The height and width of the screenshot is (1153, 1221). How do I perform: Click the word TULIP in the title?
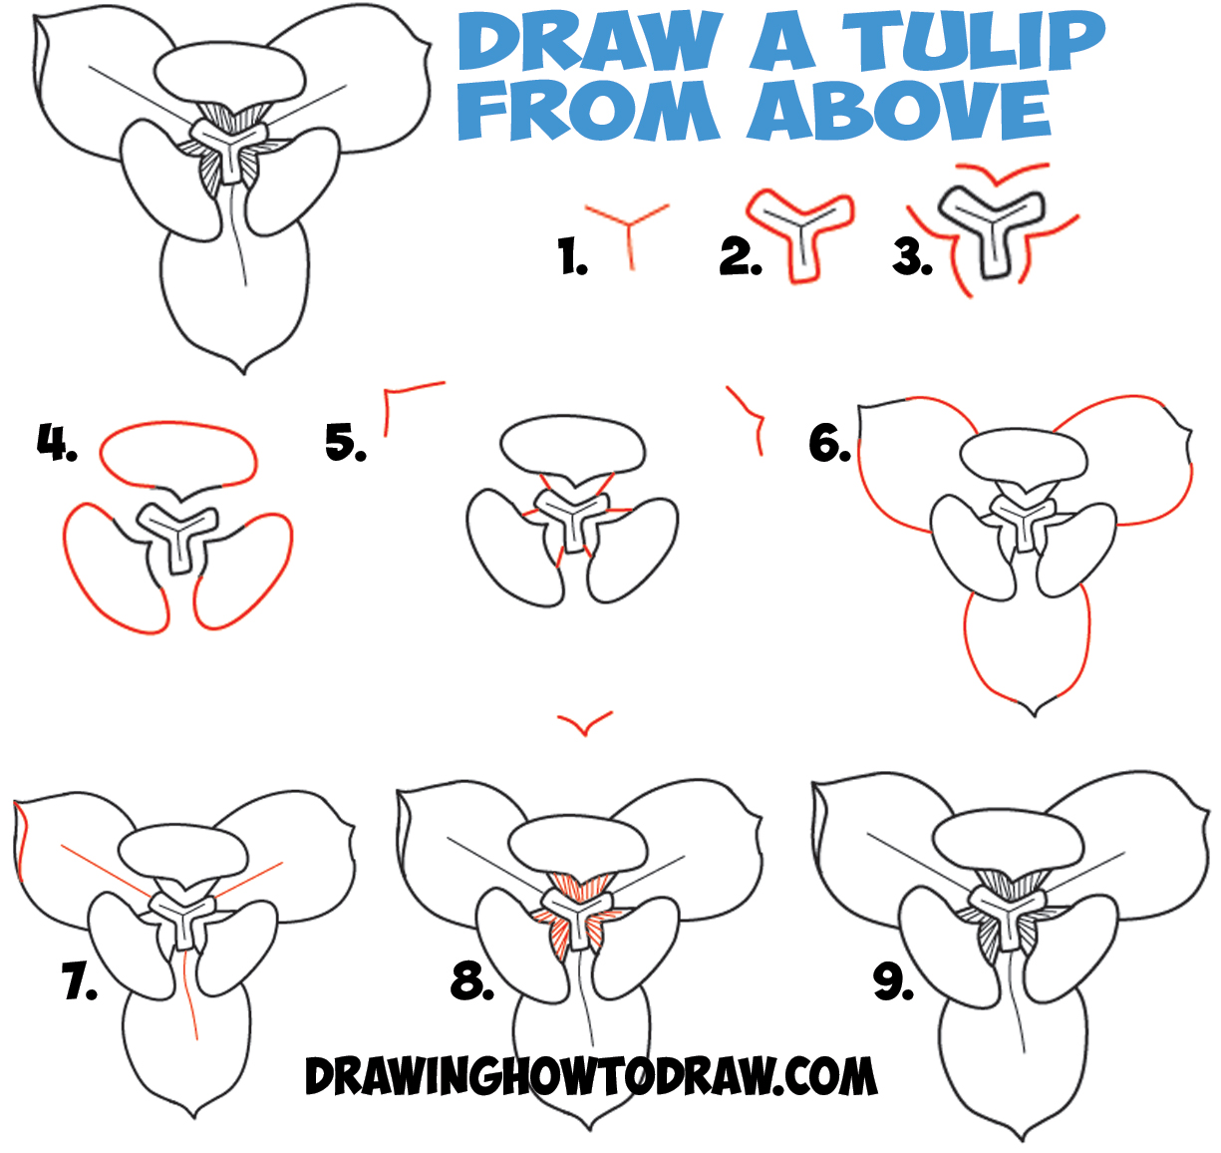pyautogui.click(x=974, y=41)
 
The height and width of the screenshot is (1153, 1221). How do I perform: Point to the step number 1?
pyautogui.click(x=572, y=258)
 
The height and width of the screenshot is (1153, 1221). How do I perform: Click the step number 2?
pyautogui.click(x=740, y=257)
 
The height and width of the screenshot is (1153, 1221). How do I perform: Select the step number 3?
pyautogui.click(x=912, y=257)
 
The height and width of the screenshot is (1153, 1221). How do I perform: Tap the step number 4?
pyautogui.click(x=57, y=441)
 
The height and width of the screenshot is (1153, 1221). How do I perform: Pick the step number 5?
pyautogui.click(x=345, y=442)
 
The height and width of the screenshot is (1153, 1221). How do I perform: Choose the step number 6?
pyautogui.click(x=829, y=442)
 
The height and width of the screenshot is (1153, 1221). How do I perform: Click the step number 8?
pyautogui.click(x=471, y=982)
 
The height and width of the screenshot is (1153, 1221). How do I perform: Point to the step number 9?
pyautogui.click(x=894, y=982)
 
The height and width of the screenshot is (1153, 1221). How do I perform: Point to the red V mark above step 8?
pyautogui.click(x=585, y=724)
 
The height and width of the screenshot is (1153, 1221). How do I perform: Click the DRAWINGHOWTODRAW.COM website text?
pyautogui.click(x=590, y=1077)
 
